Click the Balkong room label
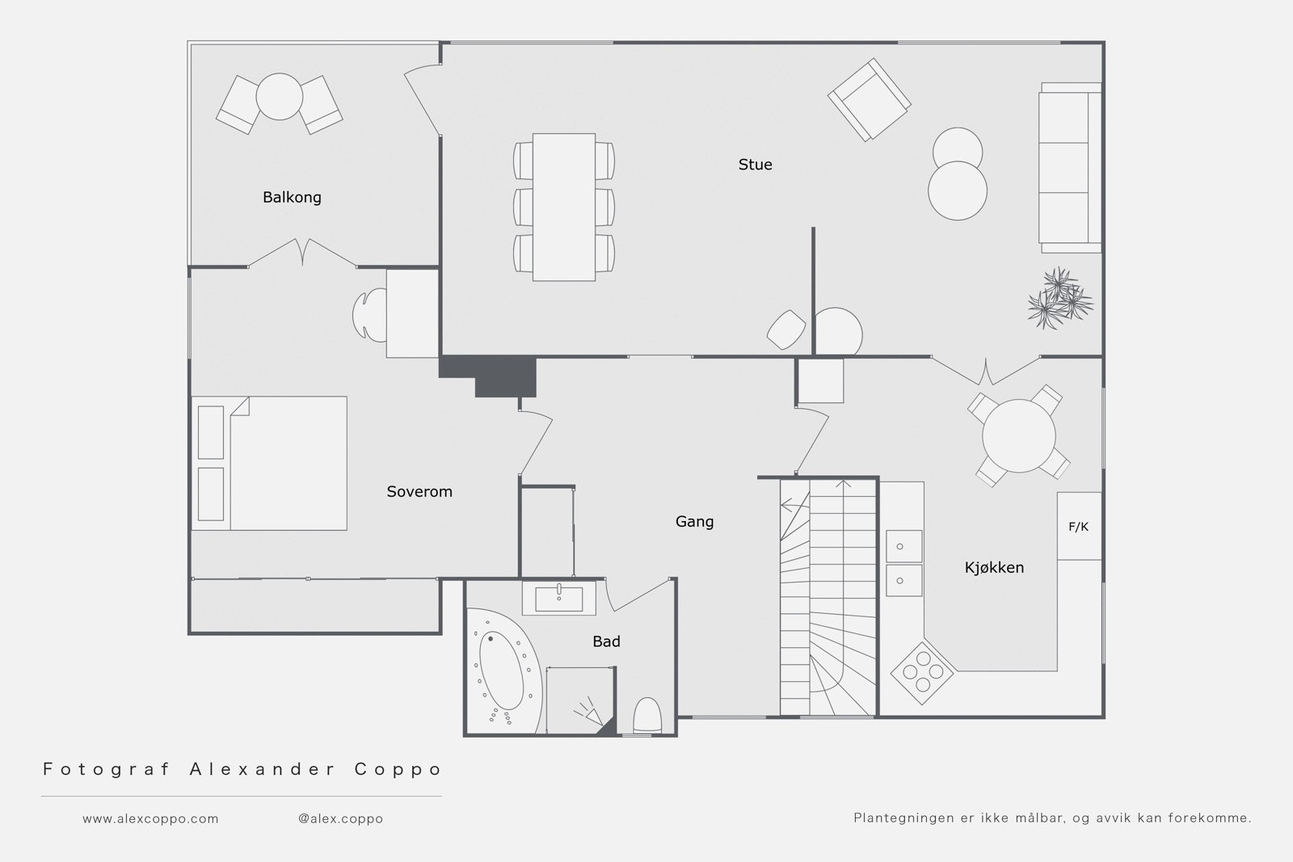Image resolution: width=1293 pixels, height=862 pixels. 292,197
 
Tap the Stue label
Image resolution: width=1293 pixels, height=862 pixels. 755,165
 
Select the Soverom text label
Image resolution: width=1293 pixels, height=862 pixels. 419,491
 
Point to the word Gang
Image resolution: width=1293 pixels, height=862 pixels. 694,522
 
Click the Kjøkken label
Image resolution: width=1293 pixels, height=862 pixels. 994,567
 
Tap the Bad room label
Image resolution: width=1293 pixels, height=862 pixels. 606,641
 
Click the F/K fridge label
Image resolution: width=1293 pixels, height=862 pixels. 1078,526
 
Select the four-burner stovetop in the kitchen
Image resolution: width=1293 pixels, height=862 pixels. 922,673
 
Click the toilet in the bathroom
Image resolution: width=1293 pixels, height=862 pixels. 647,716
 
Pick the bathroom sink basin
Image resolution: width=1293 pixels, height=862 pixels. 558,599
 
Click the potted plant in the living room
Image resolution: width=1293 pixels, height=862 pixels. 1059,298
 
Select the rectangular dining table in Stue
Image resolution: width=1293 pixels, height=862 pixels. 564,207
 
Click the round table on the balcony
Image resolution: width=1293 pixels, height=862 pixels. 280,96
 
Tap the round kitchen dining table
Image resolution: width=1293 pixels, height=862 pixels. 1019,435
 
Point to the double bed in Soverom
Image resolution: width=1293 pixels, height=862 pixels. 270,463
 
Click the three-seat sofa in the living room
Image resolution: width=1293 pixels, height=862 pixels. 1070,168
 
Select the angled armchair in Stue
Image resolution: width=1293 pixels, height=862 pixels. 870,100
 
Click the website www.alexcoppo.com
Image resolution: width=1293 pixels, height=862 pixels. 150,818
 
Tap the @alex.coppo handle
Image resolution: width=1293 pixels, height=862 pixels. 340,818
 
